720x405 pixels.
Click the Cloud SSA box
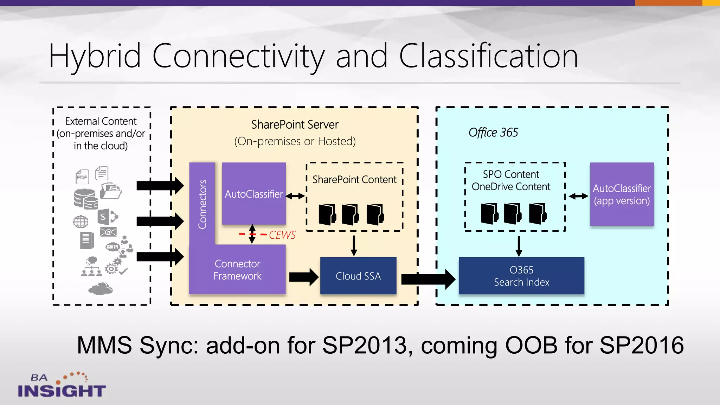(358, 276)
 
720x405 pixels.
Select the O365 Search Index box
(521, 276)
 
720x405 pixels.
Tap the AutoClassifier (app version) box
(622, 194)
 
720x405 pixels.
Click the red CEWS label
(282, 235)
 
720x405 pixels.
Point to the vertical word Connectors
(202, 204)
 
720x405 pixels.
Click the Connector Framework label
(237, 270)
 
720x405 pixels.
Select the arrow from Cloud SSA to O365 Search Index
(428, 279)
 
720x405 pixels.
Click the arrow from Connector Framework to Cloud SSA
(303, 277)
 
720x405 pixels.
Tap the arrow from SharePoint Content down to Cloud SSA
(354, 245)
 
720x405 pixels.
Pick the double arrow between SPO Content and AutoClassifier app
(578, 196)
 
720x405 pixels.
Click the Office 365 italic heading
(493, 133)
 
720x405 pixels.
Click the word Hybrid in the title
(94, 56)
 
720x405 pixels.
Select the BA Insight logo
(62, 385)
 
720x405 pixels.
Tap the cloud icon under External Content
(100, 289)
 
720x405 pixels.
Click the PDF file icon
(82, 177)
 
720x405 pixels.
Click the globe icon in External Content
(81, 222)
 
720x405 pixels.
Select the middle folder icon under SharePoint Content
(350, 214)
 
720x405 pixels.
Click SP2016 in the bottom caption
(641, 345)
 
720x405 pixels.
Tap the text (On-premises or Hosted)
(295, 141)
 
